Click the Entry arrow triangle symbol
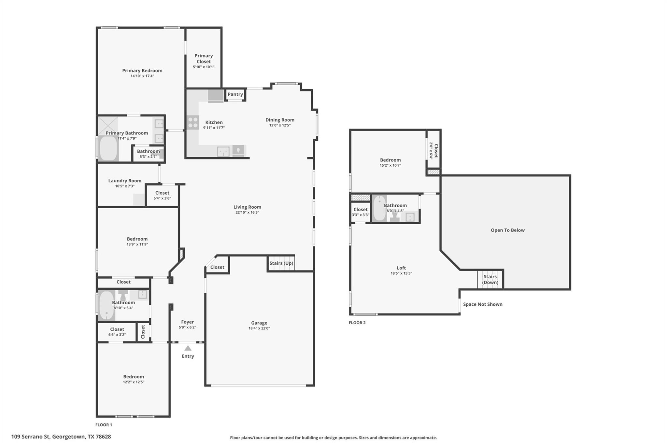pyautogui.click(x=188, y=348)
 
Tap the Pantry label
pyautogui.click(x=235, y=94)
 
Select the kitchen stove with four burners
pyautogui.click(x=193, y=122)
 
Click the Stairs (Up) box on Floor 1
pyautogui.click(x=281, y=263)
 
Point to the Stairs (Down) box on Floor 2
pyautogui.click(x=490, y=279)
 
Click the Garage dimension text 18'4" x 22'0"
pyautogui.click(x=259, y=328)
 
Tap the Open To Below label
pyautogui.click(x=507, y=230)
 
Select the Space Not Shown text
pyautogui.click(x=483, y=304)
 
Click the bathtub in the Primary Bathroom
pyautogui.click(x=108, y=148)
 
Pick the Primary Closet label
pyautogui.click(x=204, y=59)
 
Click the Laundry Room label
pyautogui.click(x=125, y=181)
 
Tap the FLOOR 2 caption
pyautogui.click(x=357, y=323)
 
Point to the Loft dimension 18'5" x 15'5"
pyautogui.click(x=401, y=273)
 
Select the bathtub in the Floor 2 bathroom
pyautogui.click(x=379, y=208)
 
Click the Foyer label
pyautogui.click(x=187, y=322)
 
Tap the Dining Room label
pyautogui.click(x=280, y=120)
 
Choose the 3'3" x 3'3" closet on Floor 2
pyautogui.click(x=361, y=212)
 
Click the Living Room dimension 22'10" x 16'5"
pyautogui.click(x=247, y=212)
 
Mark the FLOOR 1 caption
pyautogui.click(x=104, y=424)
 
